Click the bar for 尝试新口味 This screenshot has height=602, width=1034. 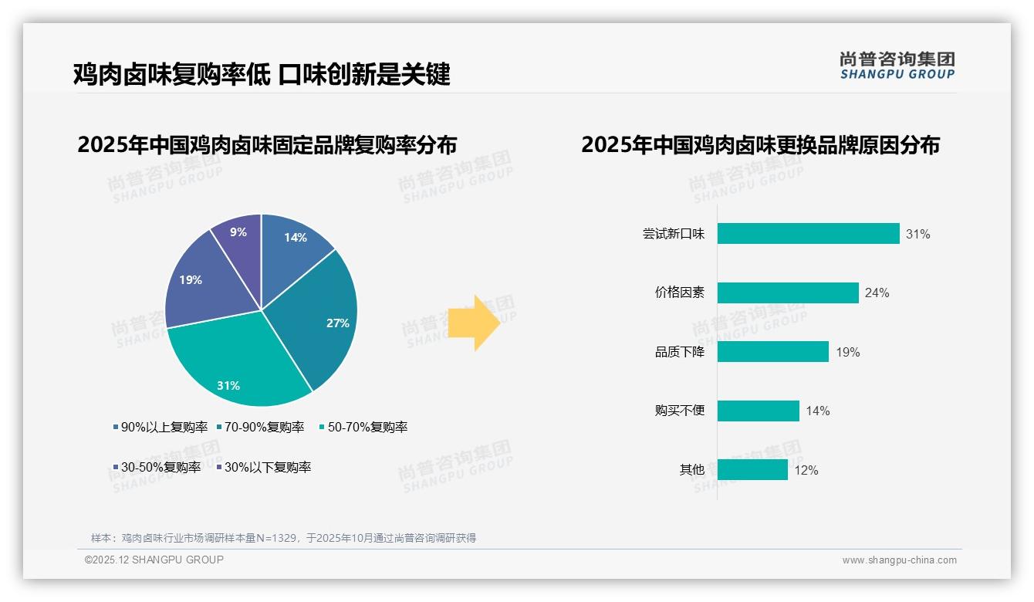click(808, 234)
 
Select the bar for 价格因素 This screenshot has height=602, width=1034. click(788, 293)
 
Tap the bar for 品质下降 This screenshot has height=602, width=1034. click(772, 352)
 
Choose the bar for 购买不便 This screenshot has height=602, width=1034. click(758, 411)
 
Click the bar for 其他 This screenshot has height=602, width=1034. click(752, 469)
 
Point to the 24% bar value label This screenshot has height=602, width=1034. click(877, 293)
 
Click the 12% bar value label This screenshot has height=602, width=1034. click(806, 470)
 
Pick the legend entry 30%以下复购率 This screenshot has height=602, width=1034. click(266, 467)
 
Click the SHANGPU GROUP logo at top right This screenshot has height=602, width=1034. click(897, 66)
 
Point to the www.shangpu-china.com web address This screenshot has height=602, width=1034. click(899, 560)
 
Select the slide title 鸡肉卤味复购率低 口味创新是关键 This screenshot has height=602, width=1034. click(262, 74)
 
